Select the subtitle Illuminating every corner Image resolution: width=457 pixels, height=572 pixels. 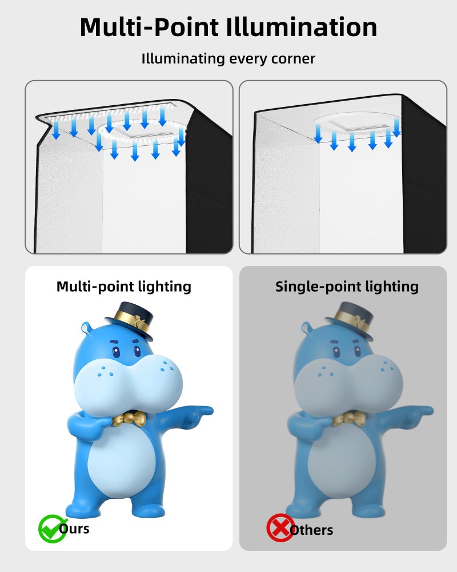pyautogui.click(x=228, y=58)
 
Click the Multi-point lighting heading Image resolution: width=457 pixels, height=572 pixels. pyautogui.click(x=124, y=286)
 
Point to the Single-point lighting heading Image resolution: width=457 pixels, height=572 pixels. pyautogui.click(x=347, y=286)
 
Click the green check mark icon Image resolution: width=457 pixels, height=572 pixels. pyautogui.click(x=51, y=528)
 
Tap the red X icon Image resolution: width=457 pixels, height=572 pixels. pyautogui.click(x=280, y=528)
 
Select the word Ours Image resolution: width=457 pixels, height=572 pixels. pyautogui.click(x=75, y=528)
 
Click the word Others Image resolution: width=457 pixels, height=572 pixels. pyautogui.click(x=311, y=530)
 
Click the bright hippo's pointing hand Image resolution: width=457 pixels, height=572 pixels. pyautogui.click(x=200, y=411)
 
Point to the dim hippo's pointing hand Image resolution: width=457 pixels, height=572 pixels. pyautogui.click(x=420, y=411)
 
